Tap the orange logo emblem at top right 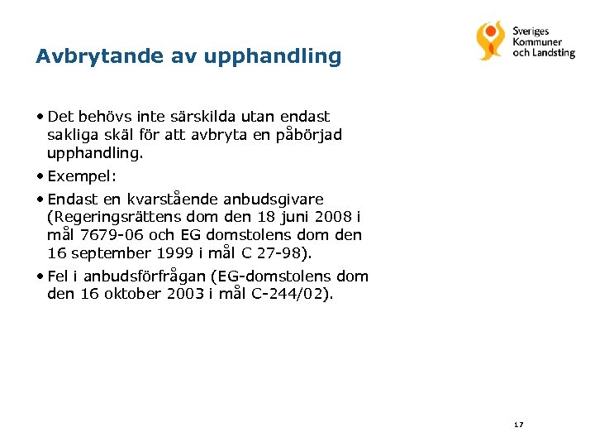click(x=490, y=40)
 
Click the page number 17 click(x=518, y=425)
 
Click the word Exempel click(x=81, y=175)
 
